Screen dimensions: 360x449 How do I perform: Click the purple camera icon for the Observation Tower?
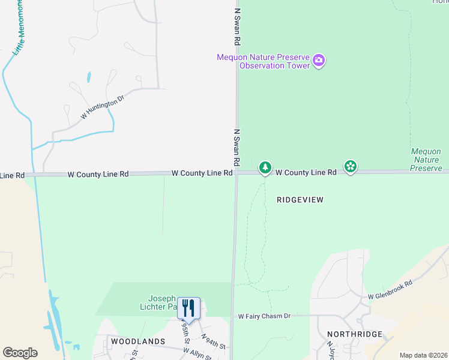[x=319, y=60]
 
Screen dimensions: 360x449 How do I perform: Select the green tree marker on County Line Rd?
[x=265, y=168]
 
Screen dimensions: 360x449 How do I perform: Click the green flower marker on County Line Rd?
[x=351, y=166]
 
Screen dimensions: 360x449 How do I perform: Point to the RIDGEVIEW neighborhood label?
[x=300, y=200]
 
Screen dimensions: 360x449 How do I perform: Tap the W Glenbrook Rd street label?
[x=390, y=290]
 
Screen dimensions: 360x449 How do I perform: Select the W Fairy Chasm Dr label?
[x=264, y=316]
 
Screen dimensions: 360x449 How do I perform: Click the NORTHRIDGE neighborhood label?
[x=355, y=334]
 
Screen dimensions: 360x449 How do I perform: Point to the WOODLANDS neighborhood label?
[x=138, y=341]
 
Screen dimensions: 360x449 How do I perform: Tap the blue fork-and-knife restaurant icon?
[x=188, y=308]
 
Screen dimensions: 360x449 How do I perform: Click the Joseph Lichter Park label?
[x=163, y=302]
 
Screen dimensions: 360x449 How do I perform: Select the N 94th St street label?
[x=213, y=342]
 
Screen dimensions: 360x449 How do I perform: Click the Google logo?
[x=20, y=353]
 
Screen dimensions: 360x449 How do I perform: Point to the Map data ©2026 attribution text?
[x=423, y=355]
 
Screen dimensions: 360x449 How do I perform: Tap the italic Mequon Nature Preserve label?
[x=426, y=160]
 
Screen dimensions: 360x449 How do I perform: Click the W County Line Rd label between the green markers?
[x=306, y=172]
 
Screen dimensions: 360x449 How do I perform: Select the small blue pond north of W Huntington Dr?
[x=89, y=77]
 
